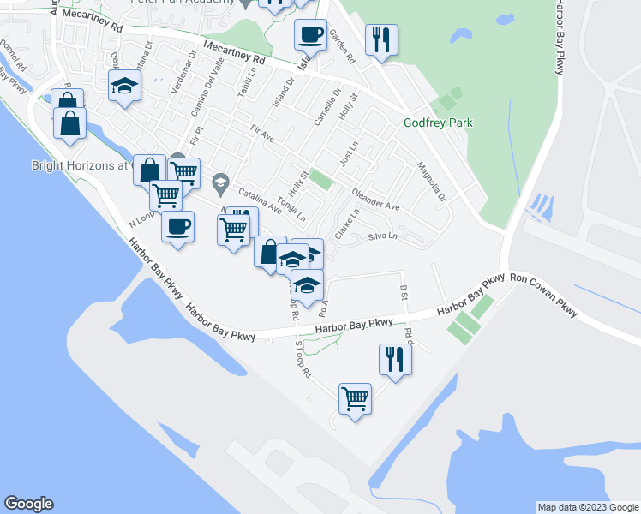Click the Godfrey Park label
[x=438, y=123]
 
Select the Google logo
[x=28, y=504]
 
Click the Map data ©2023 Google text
[x=587, y=507]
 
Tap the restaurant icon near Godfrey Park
[x=380, y=39]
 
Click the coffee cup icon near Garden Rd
[x=310, y=35]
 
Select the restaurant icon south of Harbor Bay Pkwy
[x=395, y=359]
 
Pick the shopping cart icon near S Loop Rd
[x=355, y=398]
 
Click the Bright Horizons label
[x=79, y=165]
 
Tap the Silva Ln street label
[x=383, y=236]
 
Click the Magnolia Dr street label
[x=433, y=182]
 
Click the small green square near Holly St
[x=320, y=180]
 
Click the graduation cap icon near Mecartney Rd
[x=124, y=87]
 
